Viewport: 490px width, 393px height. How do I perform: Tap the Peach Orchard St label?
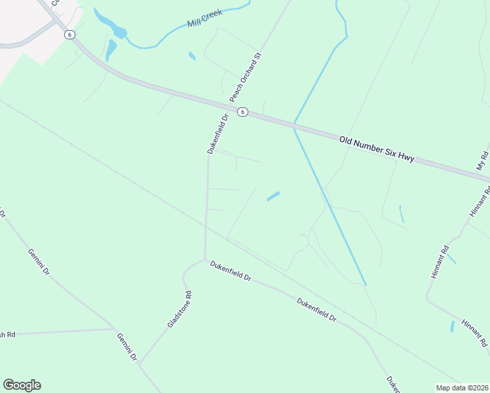tap(245, 77)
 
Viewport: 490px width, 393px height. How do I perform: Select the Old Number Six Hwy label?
tap(377, 150)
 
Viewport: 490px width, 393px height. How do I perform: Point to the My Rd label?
tap(483, 160)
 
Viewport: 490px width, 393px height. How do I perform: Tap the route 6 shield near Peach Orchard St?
tap(242, 112)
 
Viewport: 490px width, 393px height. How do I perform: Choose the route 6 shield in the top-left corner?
tap(70, 35)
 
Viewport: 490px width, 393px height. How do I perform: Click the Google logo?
tap(22, 385)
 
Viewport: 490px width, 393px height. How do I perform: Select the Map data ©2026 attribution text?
tap(462, 387)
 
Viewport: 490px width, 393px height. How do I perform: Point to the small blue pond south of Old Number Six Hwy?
tap(273, 196)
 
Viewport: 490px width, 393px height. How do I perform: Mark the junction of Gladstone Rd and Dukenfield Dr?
tap(205, 260)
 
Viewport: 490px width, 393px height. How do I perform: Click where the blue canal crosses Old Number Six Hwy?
tap(295, 124)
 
